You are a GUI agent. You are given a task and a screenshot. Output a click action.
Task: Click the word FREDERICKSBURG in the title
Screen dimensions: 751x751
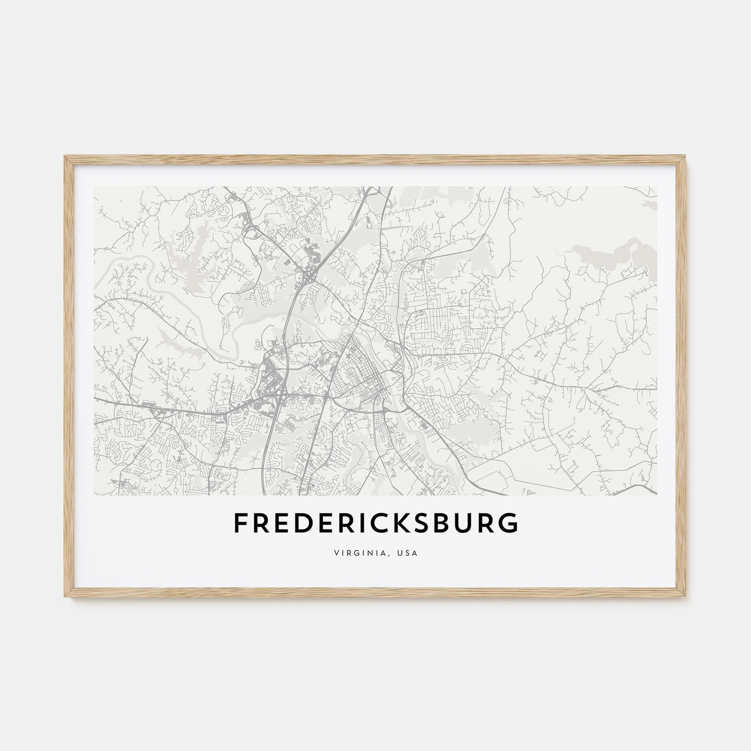[x=376, y=524]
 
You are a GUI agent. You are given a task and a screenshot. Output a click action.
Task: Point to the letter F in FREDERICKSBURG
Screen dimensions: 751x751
[x=239, y=524]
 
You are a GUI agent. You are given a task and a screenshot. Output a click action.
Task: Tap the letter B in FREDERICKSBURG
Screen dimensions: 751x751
[x=441, y=524]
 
